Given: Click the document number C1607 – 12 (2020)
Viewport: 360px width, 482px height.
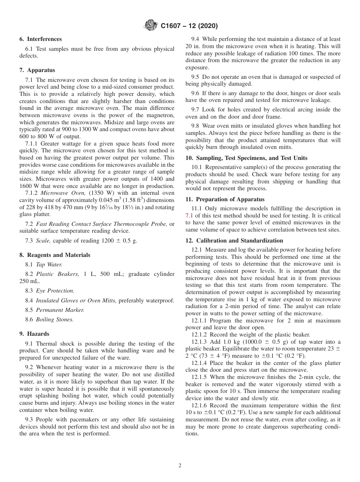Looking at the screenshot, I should pos(189,26).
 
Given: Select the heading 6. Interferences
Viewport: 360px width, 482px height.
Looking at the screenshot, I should pos(41,39).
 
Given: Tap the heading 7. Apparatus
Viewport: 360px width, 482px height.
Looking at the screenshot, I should pos(37,70).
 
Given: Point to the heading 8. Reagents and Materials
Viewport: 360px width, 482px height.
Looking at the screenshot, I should pos(55,255).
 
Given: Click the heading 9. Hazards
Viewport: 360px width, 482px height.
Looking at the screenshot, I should pos(34,334).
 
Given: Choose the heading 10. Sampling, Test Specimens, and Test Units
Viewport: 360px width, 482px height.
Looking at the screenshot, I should pos(246,158).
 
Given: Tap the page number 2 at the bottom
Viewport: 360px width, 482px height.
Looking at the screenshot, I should pos(180,466).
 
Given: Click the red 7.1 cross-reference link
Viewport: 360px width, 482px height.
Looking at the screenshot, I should pos(189,215).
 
